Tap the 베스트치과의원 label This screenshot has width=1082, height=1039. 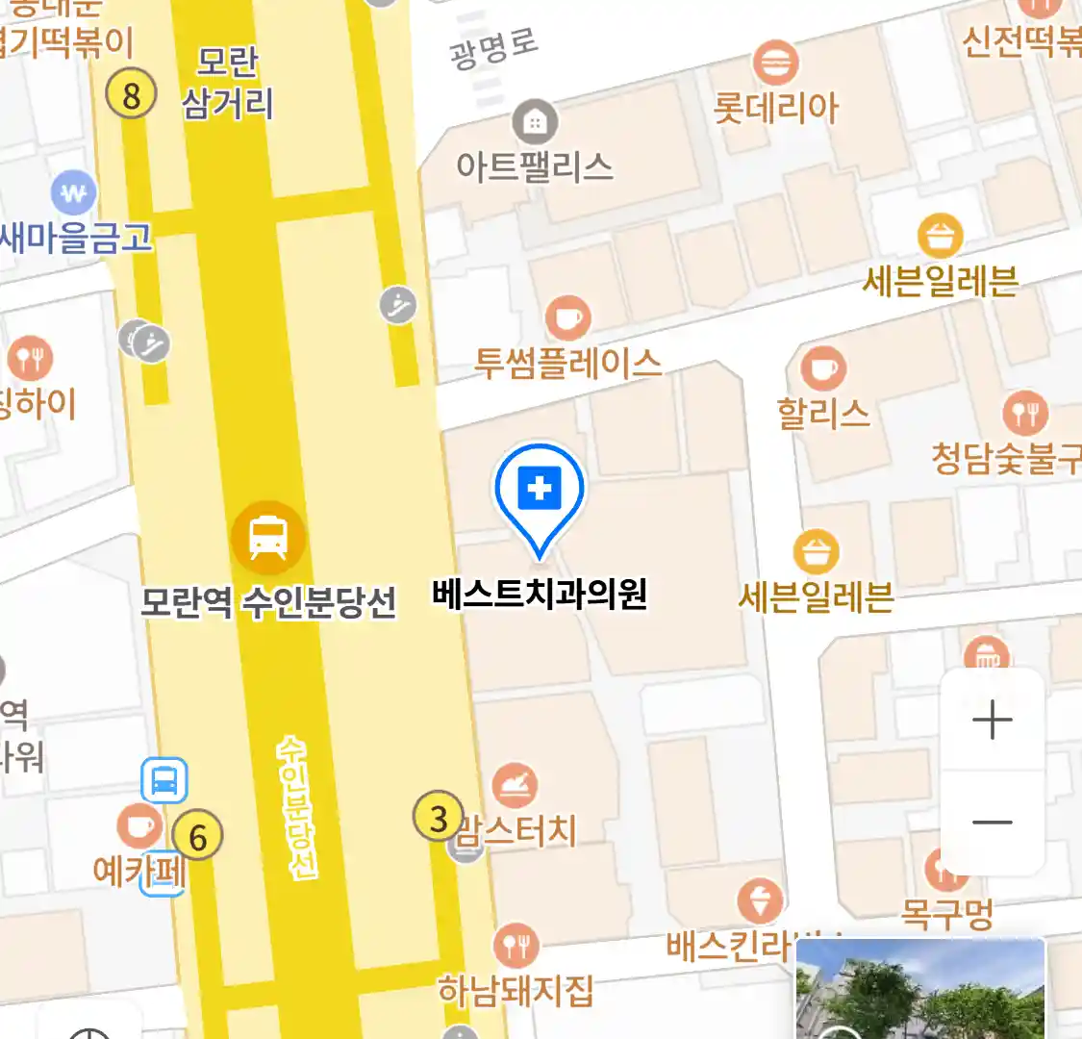[540, 594]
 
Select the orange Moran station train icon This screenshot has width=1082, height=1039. [268, 537]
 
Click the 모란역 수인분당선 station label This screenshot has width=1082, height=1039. [268, 603]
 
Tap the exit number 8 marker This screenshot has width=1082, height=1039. [131, 95]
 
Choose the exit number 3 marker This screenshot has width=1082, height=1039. [439, 818]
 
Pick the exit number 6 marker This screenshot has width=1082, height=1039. [198, 836]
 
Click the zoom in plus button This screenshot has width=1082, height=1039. [993, 721]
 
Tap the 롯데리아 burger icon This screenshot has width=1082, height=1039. [775, 63]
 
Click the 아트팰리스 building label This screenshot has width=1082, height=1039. [535, 167]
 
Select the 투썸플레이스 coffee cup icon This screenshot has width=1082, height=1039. [567, 317]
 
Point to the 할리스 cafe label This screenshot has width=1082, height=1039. [823, 415]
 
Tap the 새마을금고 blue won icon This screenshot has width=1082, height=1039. [74, 193]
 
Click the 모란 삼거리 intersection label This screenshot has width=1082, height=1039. [227, 84]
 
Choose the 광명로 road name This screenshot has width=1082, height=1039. [493, 48]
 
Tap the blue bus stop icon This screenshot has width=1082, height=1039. [164, 780]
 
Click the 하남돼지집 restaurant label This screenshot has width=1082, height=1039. [516, 990]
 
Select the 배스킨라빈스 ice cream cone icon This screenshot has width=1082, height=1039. [760, 901]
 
